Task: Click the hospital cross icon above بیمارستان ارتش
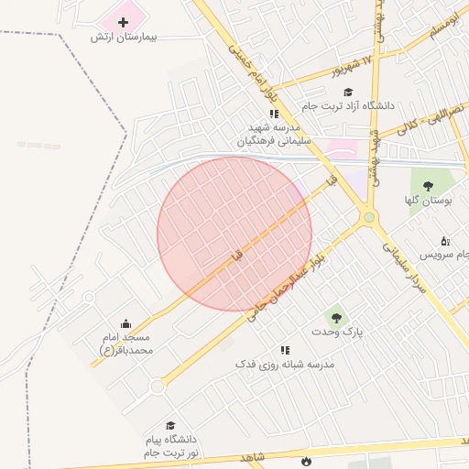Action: tap(124, 21)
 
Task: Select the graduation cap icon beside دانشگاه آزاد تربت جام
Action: tap(347, 92)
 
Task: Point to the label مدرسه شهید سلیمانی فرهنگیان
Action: tap(275, 135)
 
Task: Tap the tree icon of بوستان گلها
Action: tap(428, 186)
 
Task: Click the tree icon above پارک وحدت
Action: tap(337, 317)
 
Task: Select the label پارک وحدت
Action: tap(337, 332)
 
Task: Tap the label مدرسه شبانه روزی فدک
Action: tap(285, 364)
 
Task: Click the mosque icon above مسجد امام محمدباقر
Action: tap(126, 323)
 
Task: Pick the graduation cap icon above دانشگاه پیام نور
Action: tap(170, 426)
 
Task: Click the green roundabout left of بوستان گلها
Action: tap(369, 217)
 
